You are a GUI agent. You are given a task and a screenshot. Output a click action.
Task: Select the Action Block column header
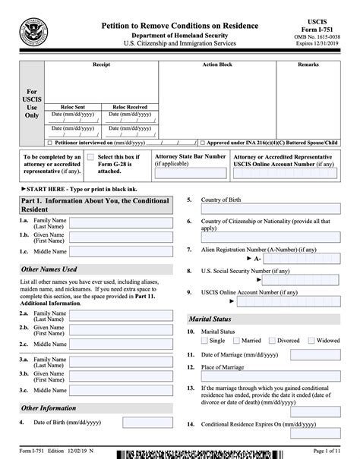[216, 65]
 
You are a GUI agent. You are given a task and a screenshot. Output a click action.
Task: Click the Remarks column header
[308, 65]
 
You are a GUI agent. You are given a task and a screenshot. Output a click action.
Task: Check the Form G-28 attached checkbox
[81, 157]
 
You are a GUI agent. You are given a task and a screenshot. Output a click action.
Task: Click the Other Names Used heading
[49, 269]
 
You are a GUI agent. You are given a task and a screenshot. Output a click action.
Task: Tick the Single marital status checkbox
[204, 341]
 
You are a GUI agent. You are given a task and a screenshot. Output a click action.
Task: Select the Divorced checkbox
[270, 341]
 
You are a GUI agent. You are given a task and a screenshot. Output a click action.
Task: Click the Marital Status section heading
[211, 319]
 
